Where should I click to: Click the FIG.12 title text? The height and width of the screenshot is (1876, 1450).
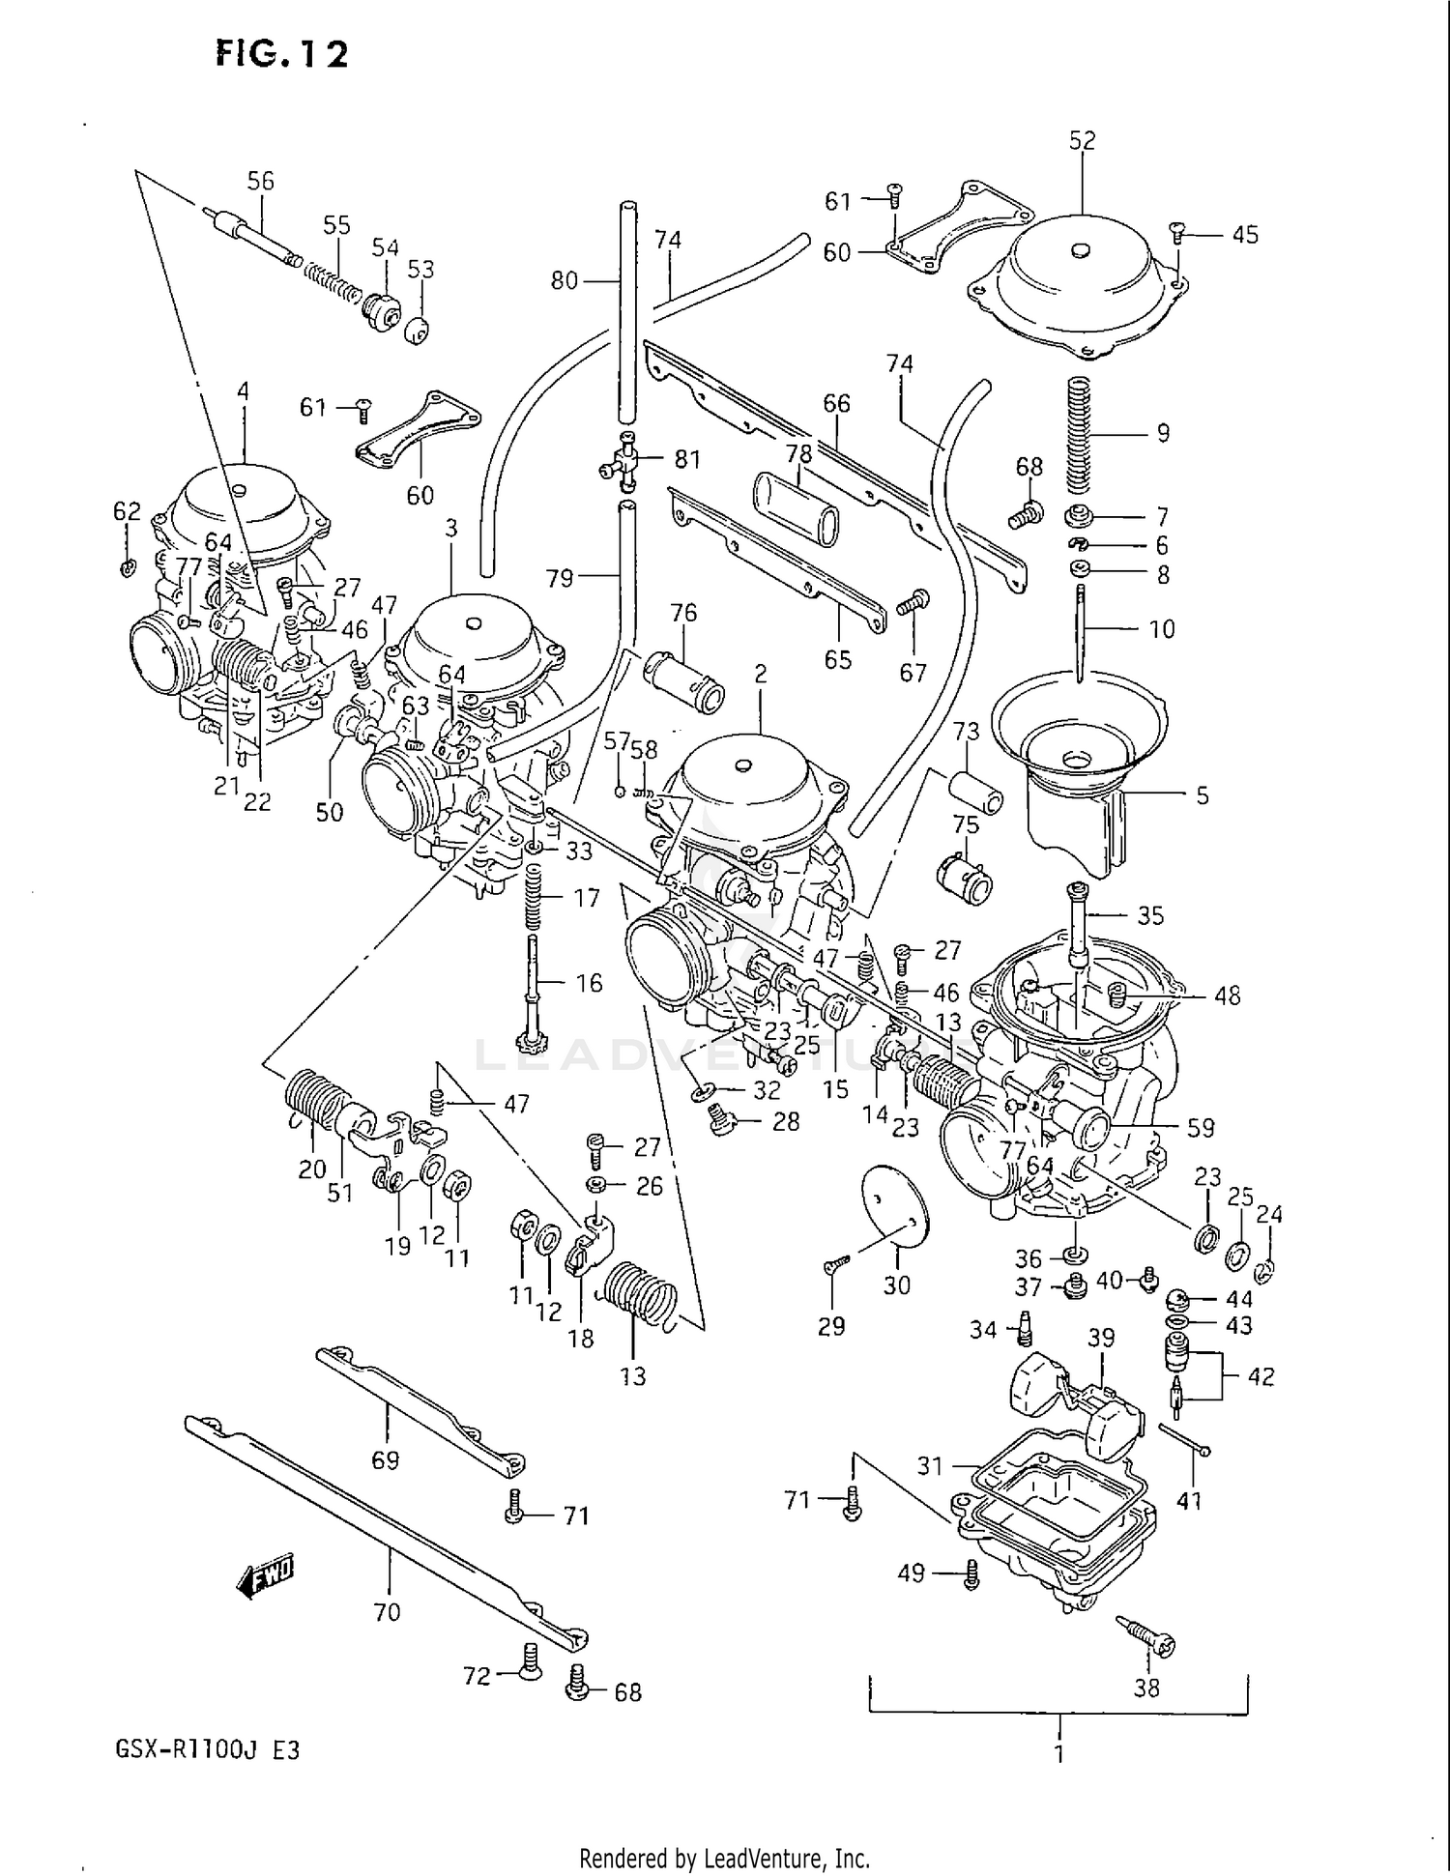pos(281,54)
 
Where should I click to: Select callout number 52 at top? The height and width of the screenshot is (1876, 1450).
pos(1082,140)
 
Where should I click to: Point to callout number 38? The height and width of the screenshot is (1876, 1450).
pos(1146,1688)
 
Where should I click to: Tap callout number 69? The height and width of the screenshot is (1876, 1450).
pos(385,1459)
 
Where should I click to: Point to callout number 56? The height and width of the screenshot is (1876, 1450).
pos(260,181)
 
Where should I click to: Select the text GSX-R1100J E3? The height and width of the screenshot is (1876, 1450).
pos(207,1750)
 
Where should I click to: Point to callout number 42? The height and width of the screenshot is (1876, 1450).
pos(1261,1375)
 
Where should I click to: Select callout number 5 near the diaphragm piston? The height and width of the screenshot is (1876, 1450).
pos(1202,795)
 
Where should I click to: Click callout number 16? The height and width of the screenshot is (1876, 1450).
pos(589,983)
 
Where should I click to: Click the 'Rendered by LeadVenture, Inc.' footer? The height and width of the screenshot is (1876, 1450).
pos(724,1858)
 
